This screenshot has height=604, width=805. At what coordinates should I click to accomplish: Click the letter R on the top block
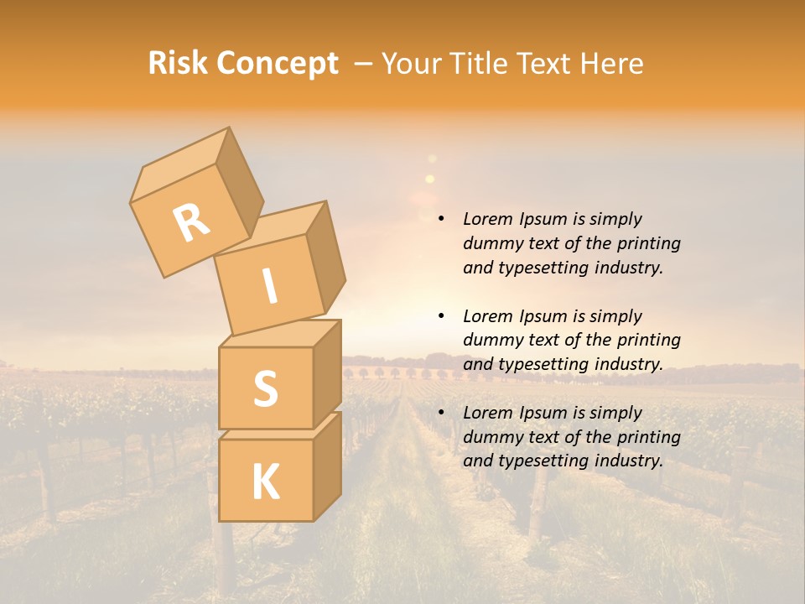click(x=191, y=222)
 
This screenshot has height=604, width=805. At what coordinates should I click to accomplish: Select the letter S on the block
click(x=265, y=388)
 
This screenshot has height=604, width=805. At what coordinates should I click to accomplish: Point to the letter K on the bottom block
click(x=265, y=482)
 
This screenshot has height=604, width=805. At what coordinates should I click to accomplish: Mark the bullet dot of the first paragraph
click(x=441, y=219)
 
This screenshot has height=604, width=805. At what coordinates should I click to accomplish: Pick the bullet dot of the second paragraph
click(x=441, y=316)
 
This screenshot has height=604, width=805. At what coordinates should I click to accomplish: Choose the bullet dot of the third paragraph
click(x=441, y=413)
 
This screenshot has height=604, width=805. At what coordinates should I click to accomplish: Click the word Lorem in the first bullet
click(x=486, y=219)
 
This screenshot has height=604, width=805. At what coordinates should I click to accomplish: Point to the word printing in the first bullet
click(x=648, y=243)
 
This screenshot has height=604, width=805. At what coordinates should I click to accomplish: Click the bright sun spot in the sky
click(x=429, y=178)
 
